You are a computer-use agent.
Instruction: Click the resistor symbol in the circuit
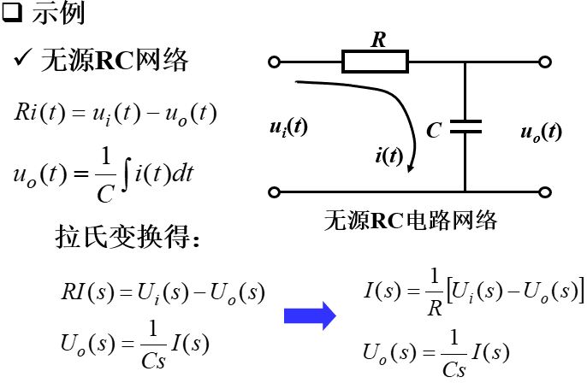pyautogui.click(x=375, y=62)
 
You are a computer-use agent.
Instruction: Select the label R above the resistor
pyautogui.click(x=377, y=38)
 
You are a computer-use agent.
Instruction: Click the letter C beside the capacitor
pyautogui.click(x=434, y=131)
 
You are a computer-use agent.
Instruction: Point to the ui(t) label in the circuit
pyautogui.click(x=288, y=128)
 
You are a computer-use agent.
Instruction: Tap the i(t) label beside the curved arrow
pyautogui.click(x=388, y=156)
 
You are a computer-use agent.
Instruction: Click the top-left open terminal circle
pyautogui.click(x=274, y=62)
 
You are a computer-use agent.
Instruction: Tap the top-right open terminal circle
pyautogui.click(x=544, y=62)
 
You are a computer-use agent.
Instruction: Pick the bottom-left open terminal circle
pyautogui.click(x=274, y=191)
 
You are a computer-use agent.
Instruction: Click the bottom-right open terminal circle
pyautogui.click(x=544, y=191)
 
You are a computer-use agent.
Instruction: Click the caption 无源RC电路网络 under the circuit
pyautogui.click(x=411, y=221)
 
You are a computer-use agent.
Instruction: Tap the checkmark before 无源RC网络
pyautogui.click(x=21, y=61)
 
